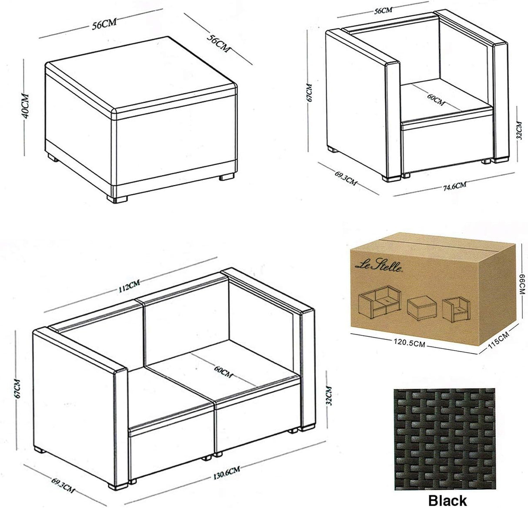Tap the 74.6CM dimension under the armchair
pos(455,186)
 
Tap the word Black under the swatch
pos(448,500)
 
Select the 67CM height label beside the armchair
pos(310,92)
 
